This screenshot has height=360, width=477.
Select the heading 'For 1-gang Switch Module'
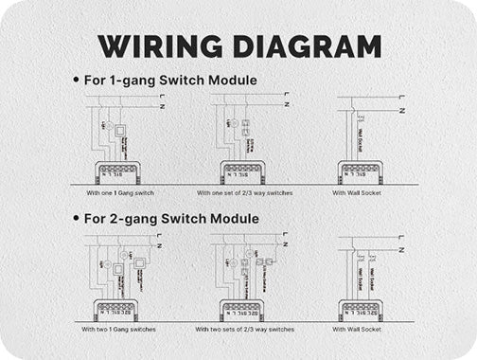click(x=170, y=81)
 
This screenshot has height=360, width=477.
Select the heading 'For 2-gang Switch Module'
click(x=170, y=219)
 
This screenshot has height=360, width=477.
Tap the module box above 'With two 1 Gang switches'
click(x=116, y=310)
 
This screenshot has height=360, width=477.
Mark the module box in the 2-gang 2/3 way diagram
click(x=241, y=310)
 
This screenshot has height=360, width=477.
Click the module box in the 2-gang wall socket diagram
click(x=360, y=310)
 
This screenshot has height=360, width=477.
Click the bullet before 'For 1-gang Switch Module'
click(x=76, y=81)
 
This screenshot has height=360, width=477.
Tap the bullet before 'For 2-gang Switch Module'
click(x=76, y=219)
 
